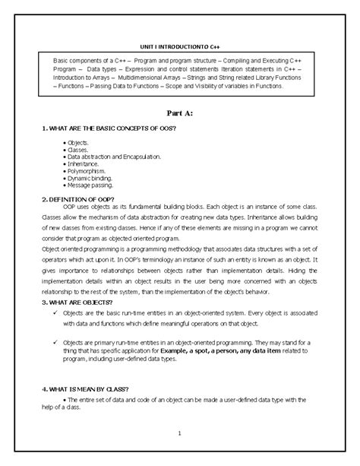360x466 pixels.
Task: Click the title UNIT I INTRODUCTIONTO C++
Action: coord(181,44)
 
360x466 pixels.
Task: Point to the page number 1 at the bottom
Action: coord(180,433)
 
